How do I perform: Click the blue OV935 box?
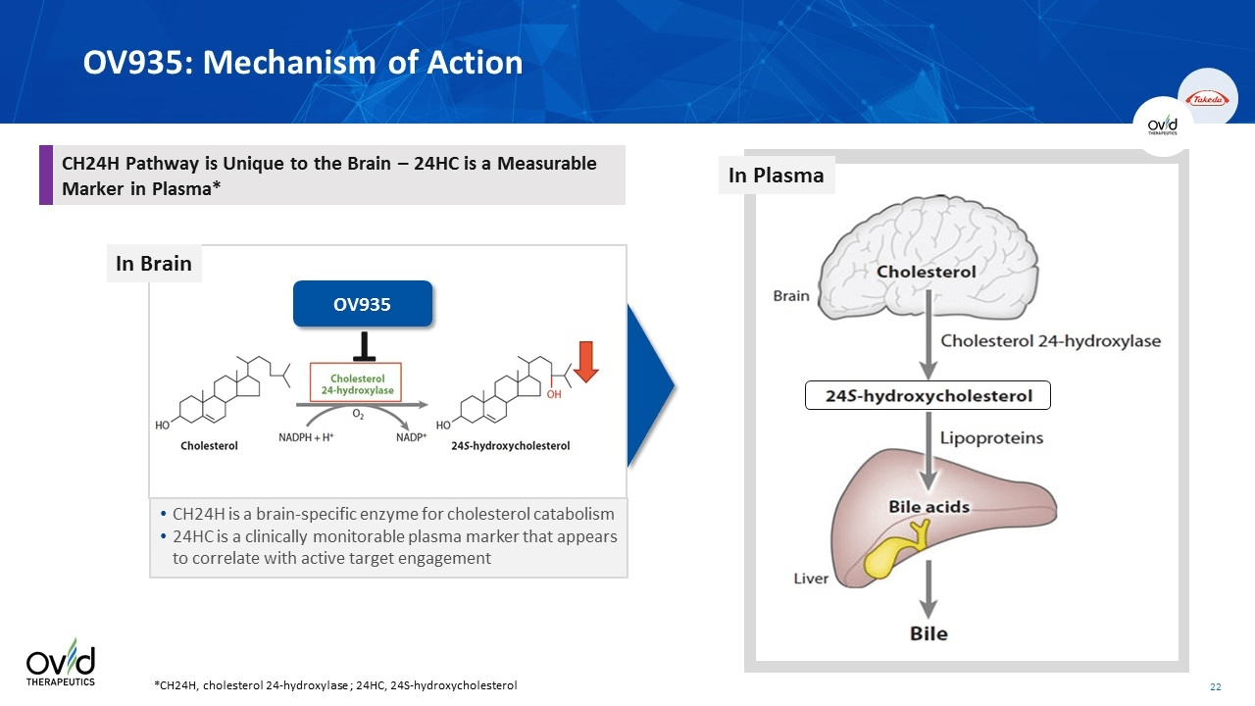(x=362, y=304)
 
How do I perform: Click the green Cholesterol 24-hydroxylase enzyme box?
(x=357, y=383)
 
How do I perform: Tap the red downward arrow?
(x=586, y=360)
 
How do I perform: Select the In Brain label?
(x=154, y=264)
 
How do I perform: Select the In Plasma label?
(x=776, y=176)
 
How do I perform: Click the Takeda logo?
(x=1206, y=98)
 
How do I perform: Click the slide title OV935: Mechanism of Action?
(x=303, y=63)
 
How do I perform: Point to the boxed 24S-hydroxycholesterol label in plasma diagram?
(x=928, y=395)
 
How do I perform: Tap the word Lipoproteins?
(x=992, y=438)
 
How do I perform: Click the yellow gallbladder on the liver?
(x=894, y=551)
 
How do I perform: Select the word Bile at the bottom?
(x=929, y=633)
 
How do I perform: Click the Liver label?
(x=811, y=579)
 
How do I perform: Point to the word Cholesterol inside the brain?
(x=926, y=272)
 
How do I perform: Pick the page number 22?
(x=1215, y=685)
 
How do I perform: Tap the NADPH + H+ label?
(x=307, y=437)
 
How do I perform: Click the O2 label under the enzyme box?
(x=358, y=415)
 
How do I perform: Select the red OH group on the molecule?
(x=554, y=394)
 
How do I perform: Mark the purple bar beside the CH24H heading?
(x=45, y=176)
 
